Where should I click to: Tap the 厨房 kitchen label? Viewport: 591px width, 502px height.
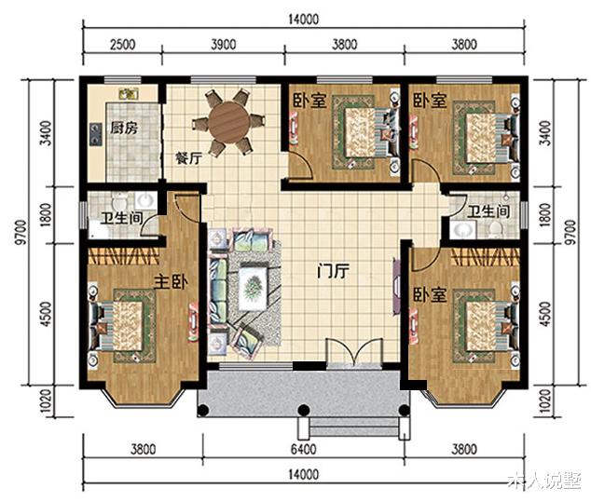(124, 129)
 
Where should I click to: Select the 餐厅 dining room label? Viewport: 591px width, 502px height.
(189, 158)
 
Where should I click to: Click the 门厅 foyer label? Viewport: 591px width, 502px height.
(333, 271)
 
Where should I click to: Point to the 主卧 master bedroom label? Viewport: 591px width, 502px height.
(171, 281)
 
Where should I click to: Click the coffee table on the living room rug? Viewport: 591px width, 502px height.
(254, 288)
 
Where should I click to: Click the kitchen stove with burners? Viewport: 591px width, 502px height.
(96, 135)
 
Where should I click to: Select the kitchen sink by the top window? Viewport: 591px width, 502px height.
(128, 94)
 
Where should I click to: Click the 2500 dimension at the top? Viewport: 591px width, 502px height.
(122, 45)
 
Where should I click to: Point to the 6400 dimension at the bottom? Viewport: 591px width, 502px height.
(303, 449)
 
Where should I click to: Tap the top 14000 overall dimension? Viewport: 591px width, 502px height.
(303, 20)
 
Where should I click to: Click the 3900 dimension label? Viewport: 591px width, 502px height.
(224, 45)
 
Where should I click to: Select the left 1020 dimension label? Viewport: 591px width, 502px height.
(46, 401)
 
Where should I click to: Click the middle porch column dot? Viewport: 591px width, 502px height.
(303, 410)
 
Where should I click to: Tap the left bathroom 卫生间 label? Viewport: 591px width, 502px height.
(121, 218)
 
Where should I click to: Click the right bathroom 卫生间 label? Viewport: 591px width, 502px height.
(488, 211)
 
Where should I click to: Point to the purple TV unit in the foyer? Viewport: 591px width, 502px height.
(396, 286)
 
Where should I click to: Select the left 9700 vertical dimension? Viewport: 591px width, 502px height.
(22, 232)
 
